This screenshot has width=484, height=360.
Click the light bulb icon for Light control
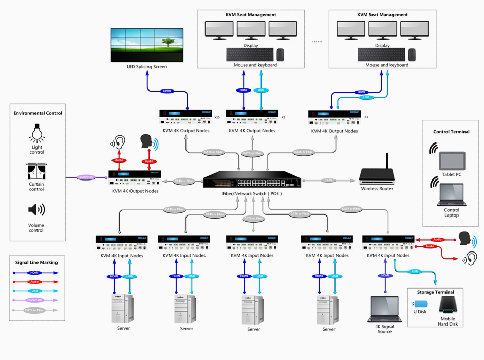coord(36,133)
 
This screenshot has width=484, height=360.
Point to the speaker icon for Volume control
coord(36,210)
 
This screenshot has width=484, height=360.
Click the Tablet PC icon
coord(452,161)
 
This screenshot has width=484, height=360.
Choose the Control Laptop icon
coord(452,195)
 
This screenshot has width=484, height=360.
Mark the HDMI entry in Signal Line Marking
coord(35,273)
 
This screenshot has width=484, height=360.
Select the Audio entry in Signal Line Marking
coord(35,282)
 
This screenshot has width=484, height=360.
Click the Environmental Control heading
coord(38,113)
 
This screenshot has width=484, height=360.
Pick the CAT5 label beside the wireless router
coord(328,180)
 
